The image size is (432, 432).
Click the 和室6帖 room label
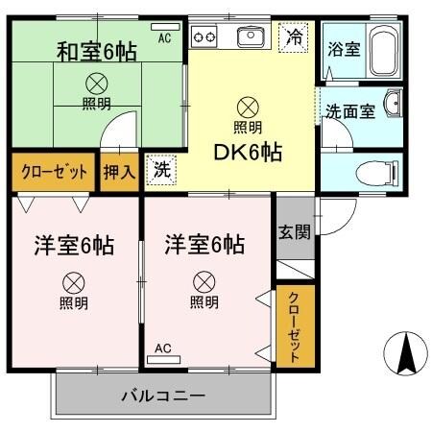96,49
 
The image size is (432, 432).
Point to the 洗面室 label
348,110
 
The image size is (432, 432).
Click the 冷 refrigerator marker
295,38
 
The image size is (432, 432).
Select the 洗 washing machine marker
160,169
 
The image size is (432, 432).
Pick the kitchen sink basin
250,36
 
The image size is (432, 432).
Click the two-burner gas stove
205,37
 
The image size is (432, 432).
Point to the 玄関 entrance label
293,231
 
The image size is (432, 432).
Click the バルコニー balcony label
163,395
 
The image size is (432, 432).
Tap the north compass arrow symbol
404,355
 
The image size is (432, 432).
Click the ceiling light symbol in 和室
96,83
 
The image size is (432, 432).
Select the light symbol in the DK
248,107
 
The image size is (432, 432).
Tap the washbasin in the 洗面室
393,104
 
